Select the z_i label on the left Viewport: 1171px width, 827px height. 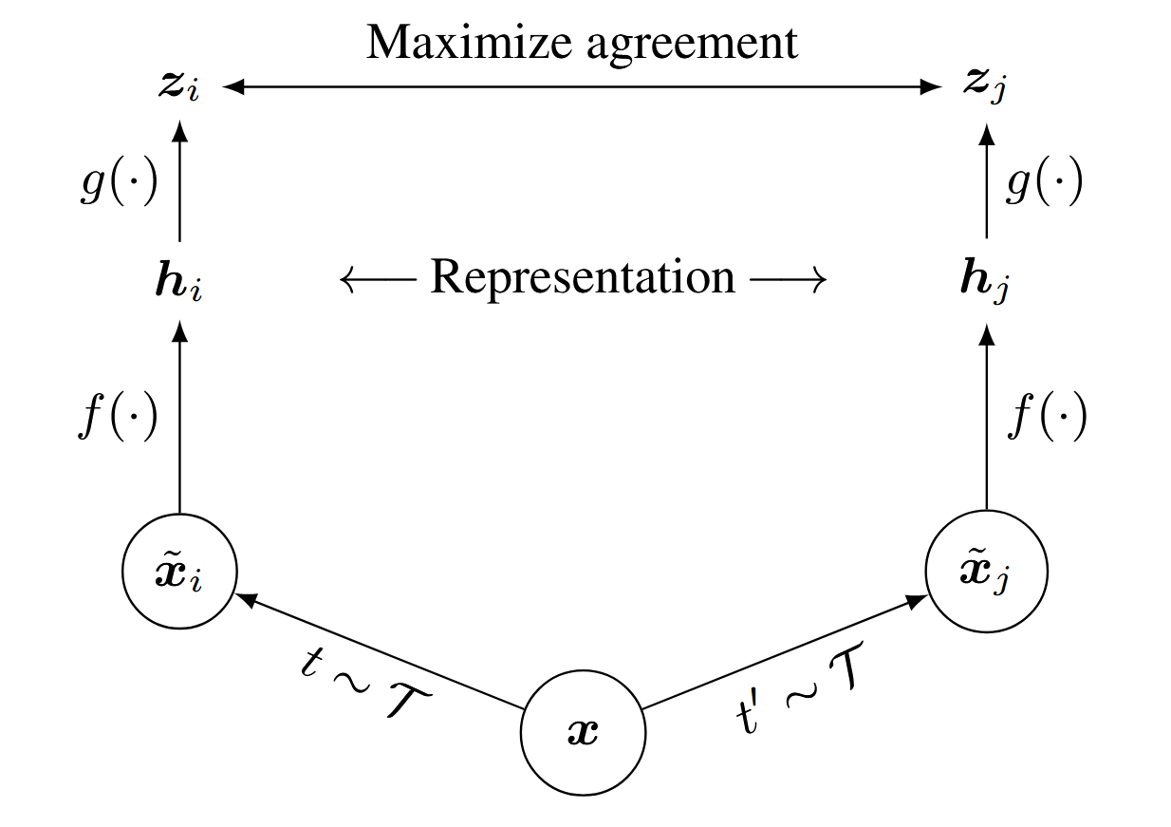178,87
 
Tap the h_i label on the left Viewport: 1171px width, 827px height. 178,282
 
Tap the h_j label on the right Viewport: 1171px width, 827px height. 987,283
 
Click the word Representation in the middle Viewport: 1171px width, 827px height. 583,278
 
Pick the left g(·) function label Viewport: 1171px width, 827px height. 118,186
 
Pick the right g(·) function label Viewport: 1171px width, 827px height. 1044,186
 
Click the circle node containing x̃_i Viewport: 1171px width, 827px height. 179,573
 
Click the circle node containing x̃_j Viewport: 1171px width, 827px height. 987,573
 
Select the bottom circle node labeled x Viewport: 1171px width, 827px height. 583,734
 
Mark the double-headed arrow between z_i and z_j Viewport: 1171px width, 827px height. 583,87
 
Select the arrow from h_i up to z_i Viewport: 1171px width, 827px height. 179,185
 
